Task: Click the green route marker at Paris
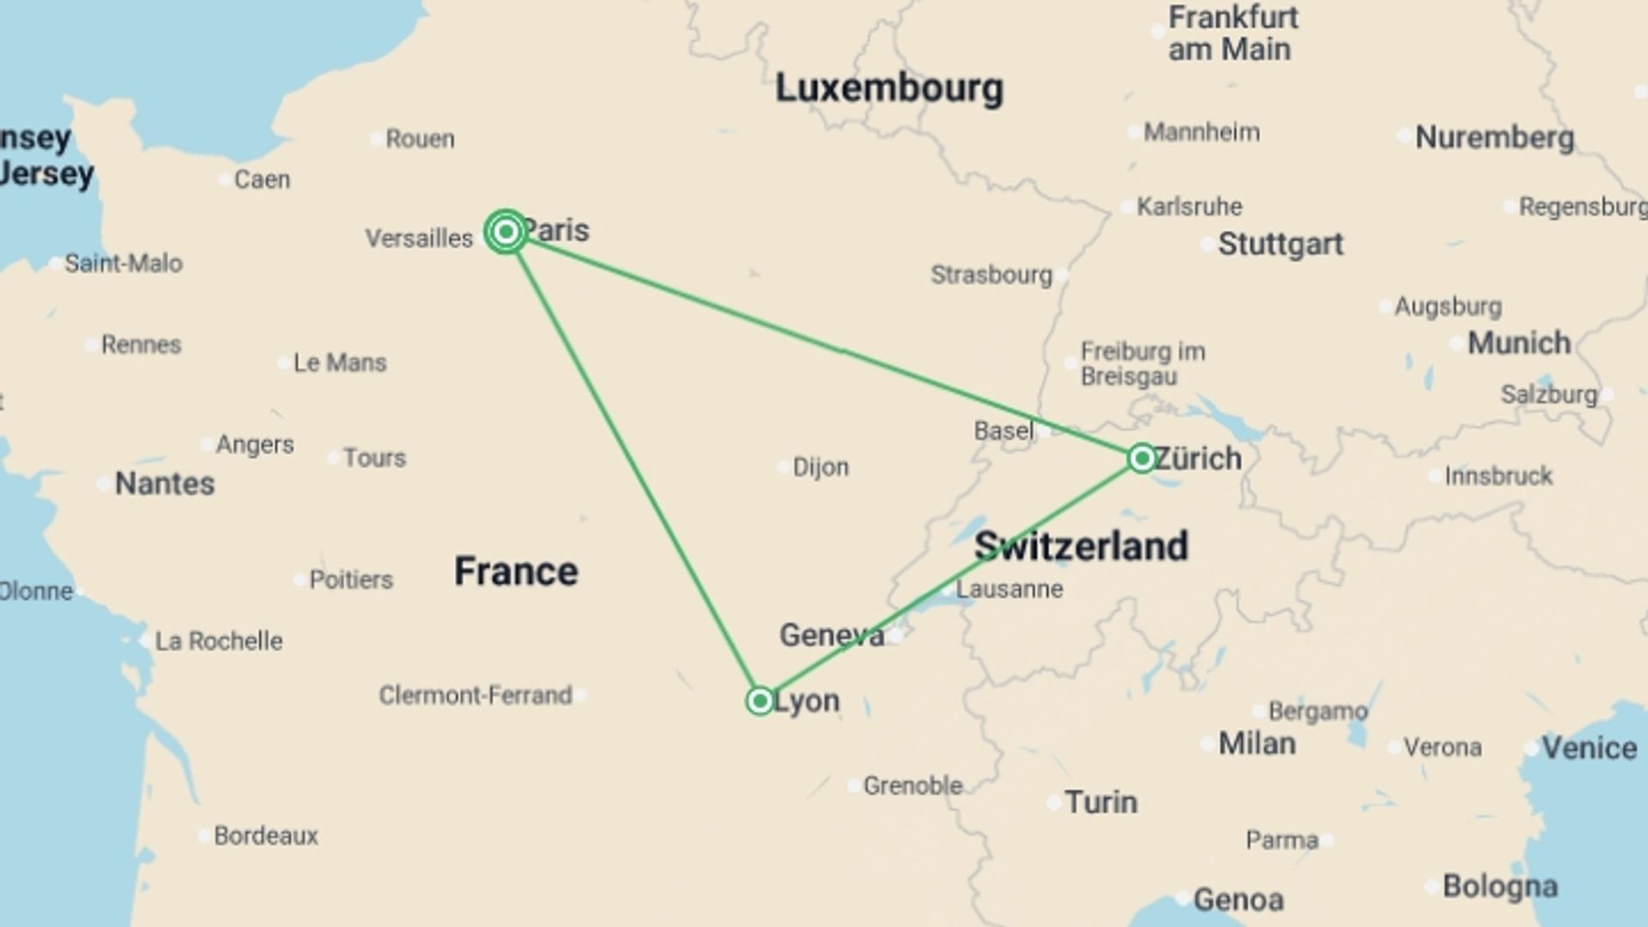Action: tap(506, 232)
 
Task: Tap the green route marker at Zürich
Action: tap(1142, 458)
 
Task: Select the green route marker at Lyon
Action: tap(760, 701)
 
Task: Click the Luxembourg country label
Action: tap(888, 88)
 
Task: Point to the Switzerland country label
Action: tap(1081, 546)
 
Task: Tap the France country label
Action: tap(516, 572)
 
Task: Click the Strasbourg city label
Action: tap(991, 275)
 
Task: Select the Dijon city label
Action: tap(821, 467)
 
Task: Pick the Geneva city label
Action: tap(831, 635)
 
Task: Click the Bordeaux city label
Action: tap(265, 835)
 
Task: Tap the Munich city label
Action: tap(1518, 343)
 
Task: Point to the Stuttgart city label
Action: tap(1280, 244)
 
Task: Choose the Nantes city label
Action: tap(165, 483)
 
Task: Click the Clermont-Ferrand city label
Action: tap(476, 695)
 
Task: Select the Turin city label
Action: tap(1101, 803)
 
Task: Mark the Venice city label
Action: tap(1589, 748)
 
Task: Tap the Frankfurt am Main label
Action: tap(1233, 33)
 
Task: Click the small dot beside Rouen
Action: tap(376, 138)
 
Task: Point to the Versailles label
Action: tap(419, 238)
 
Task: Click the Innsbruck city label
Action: tap(1498, 476)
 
